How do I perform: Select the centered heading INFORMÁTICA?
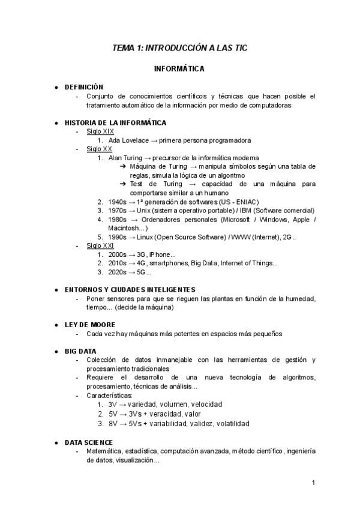[179, 69]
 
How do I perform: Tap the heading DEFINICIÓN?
[84, 87]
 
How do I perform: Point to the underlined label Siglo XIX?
[100, 131]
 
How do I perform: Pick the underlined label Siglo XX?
[99, 149]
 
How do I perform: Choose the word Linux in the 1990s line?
[148, 237]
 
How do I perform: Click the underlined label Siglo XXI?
[100, 245]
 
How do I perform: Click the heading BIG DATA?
[80, 351]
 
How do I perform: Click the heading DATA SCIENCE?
[88, 442]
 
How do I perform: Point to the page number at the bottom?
[314, 483]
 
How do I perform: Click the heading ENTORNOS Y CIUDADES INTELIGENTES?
[130, 289]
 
